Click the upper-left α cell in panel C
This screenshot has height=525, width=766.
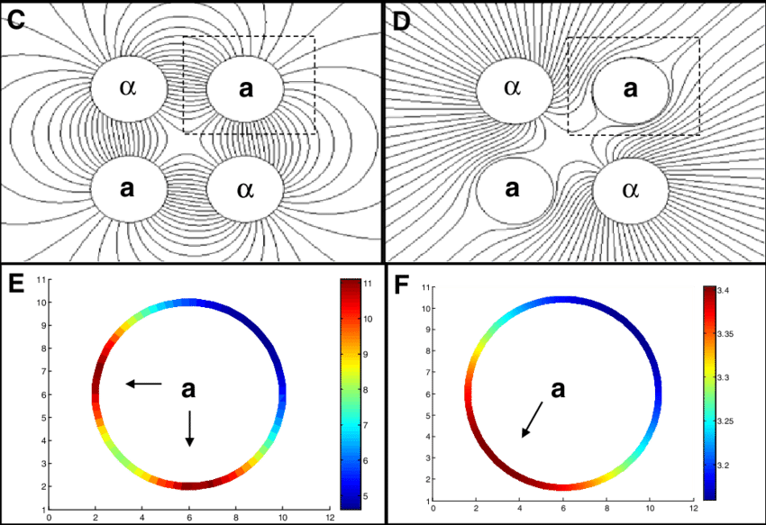[129, 87]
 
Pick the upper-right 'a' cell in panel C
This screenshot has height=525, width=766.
[246, 88]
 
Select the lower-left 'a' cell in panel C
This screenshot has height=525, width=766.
[129, 188]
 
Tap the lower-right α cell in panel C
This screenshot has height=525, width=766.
[245, 189]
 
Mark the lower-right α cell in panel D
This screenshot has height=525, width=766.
[630, 190]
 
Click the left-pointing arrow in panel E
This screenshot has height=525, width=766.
[142, 384]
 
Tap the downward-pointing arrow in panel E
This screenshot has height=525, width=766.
[189, 428]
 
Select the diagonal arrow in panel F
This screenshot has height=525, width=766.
[532, 420]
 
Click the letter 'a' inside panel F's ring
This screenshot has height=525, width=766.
[559, 388]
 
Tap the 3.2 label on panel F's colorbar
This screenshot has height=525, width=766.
[725, 465]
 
